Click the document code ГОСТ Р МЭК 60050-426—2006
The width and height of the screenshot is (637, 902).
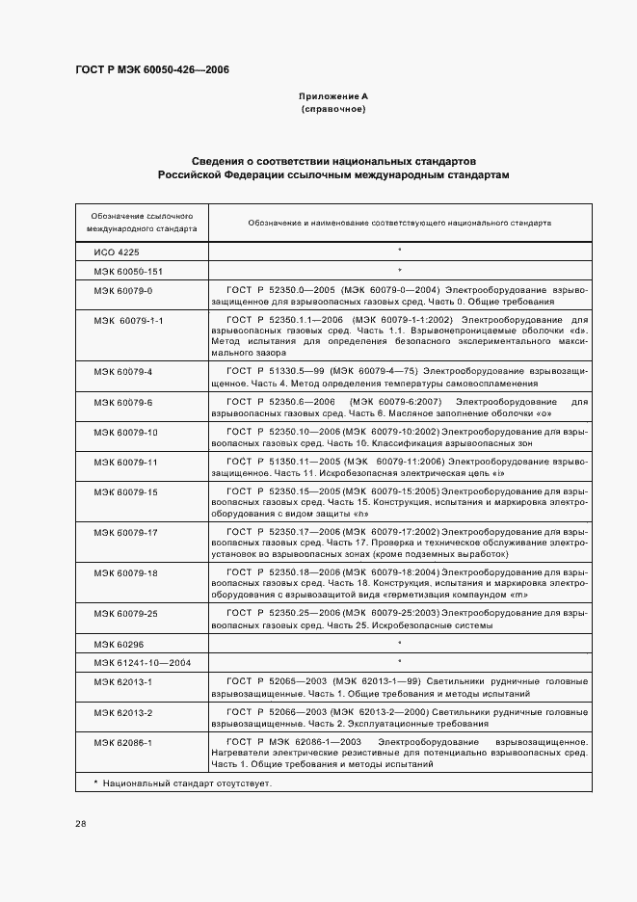click(x=151, y=70)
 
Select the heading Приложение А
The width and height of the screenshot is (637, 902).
click(x=333, y=97)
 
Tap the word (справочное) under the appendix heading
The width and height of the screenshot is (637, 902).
click(x=333, y=110)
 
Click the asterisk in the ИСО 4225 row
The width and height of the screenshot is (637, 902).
click(x=399, y=251)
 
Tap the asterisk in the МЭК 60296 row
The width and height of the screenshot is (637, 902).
click(x=399, y=642)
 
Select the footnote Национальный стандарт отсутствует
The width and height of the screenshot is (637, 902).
click(x=182, y=783)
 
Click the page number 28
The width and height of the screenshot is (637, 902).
click(x=81, y=823)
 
